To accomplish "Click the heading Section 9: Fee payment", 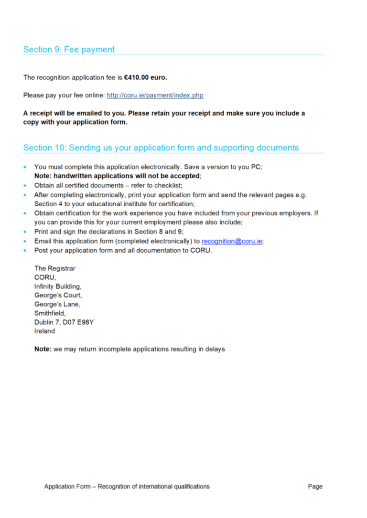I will click(x=69, y=50).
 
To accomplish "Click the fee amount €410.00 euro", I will click(x=145, y=77).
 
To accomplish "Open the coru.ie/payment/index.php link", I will click(x=155, y=95).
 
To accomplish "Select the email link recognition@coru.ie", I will click(x=232, y=241).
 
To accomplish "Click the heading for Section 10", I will click(x=161, y=148).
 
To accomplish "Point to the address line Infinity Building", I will click(x=58, y=286).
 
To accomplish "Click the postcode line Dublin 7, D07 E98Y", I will click(x=64, y=322).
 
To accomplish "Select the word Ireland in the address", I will click(x=44, y=331).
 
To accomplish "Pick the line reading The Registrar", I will click(x=54, y=268).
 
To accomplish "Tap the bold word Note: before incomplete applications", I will click(x=43, y=349).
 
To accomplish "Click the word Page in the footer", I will click(x=315, y=486).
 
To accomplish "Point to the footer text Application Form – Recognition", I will click(x=127, y=486).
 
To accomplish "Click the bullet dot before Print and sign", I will click(x=25, y=232).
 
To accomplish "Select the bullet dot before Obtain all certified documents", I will click(x=25, y=185).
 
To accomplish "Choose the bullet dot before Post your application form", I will click(x=25, y=251).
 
